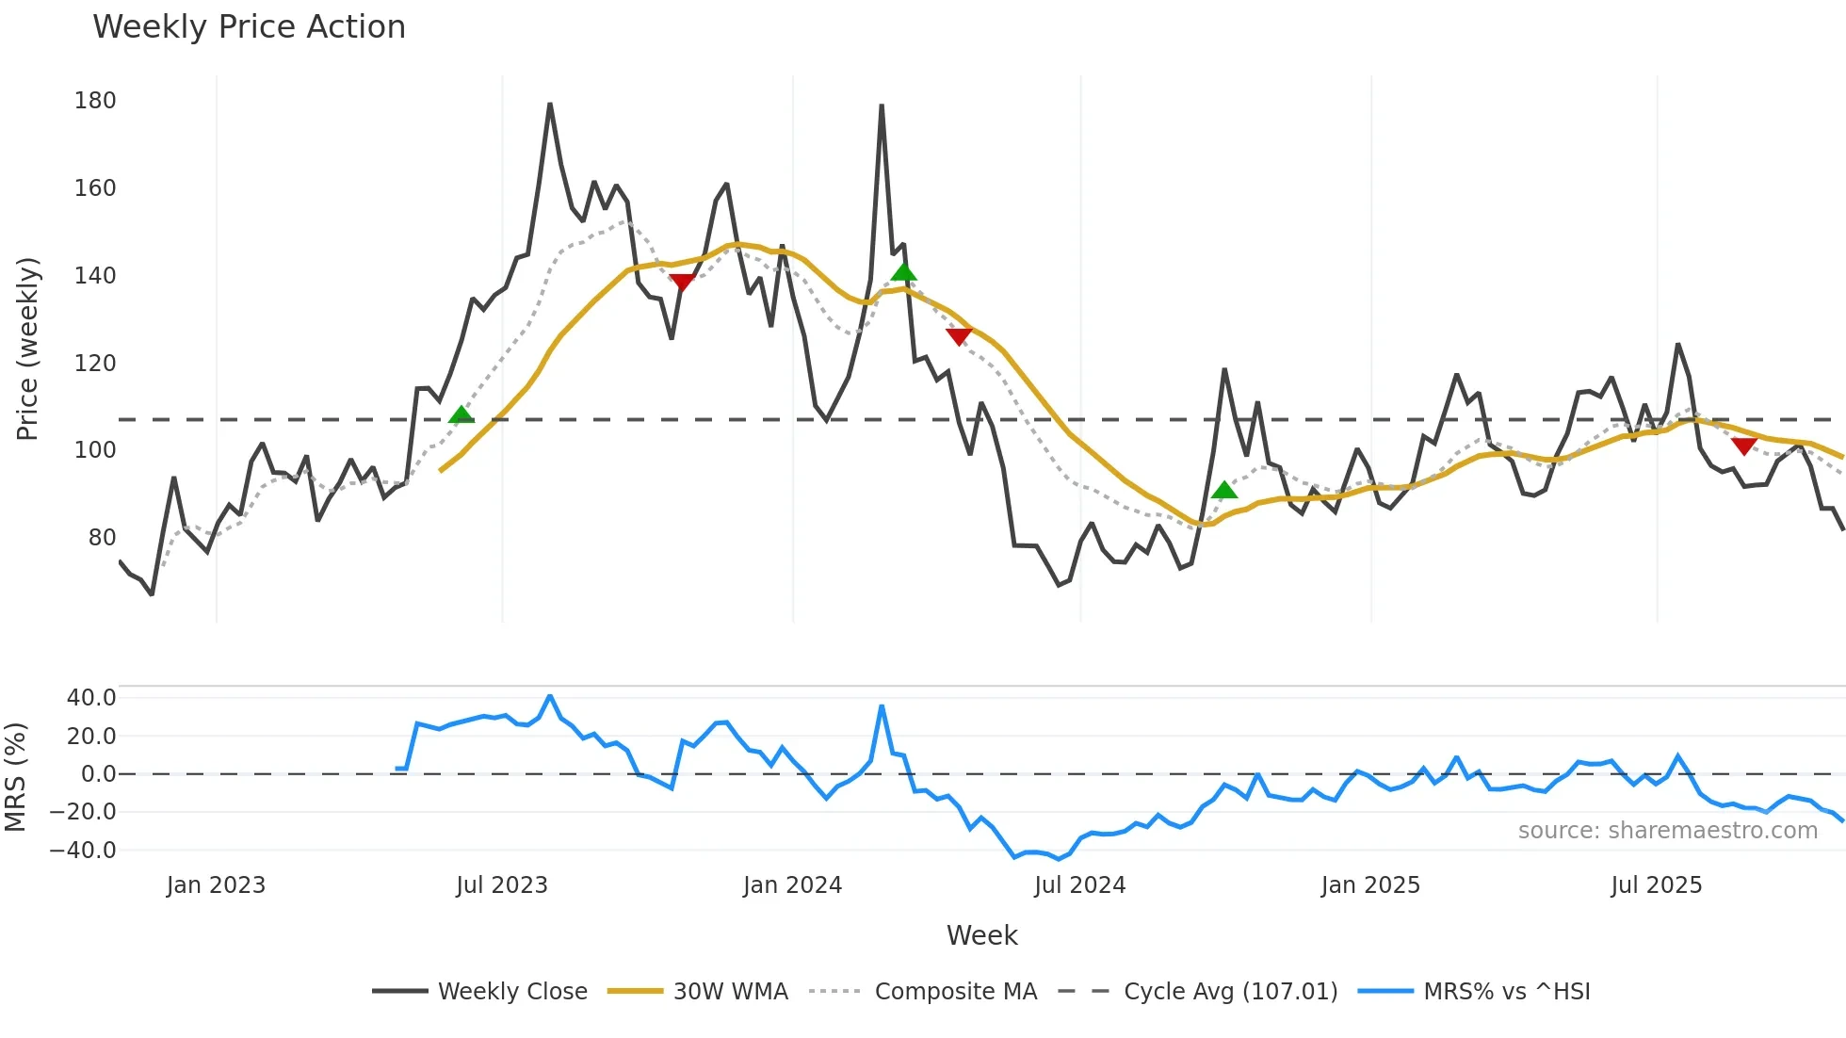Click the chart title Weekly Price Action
tap(249, 27)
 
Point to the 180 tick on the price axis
tap(95, 101)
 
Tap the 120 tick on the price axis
tap(95, 363)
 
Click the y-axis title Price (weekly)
tap(27, 349)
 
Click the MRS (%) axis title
tap(15, 776)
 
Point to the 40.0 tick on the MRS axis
tap(91, 698)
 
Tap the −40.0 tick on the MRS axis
tap(83, 851)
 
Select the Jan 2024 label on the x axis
tap(792, 885)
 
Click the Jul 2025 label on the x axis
tap(1656, 885)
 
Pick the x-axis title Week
tap(981, 935)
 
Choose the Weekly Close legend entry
tap(479, 992)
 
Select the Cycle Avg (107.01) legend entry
tap(1197, 992)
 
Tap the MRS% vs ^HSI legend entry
tap(1474, 992)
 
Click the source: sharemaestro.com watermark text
tap(1667, 831)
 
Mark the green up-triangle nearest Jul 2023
tap(461, 415)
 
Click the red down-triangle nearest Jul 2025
tap(1743, 446)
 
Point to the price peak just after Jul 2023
tap(550, 105)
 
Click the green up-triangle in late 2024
tap(1223, 490)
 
